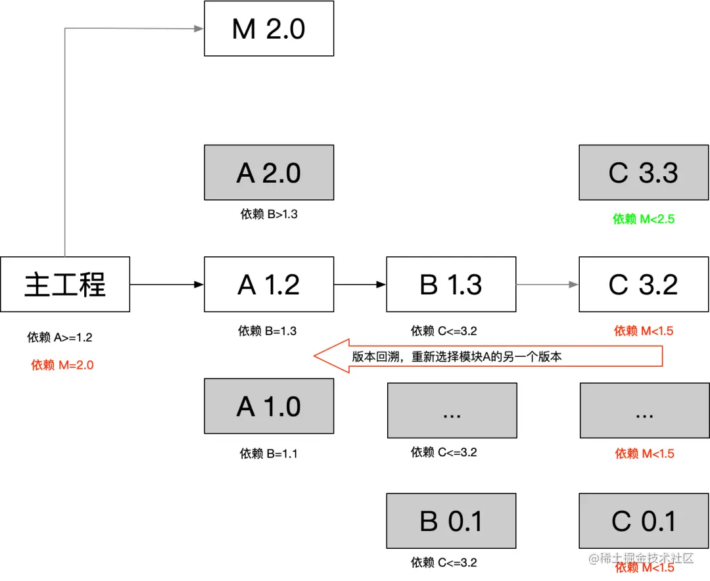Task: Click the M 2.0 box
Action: (269, 28)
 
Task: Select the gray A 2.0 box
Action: (269, 172)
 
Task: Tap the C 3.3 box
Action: (644, 172)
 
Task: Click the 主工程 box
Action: (65, 284)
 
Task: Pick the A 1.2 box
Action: (269, 284)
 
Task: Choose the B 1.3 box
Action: (451, 284)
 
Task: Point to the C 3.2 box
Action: (644, 284)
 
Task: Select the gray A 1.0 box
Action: (269, 406)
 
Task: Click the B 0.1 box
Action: (451, 521)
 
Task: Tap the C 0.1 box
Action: (644, 521)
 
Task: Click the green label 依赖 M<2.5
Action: (644, 219)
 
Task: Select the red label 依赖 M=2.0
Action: (62, 365)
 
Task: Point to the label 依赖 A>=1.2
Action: (60, 338)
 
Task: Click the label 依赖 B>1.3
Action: (268, 214)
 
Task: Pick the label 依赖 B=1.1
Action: (268, 453)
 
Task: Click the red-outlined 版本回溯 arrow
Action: (486, 357)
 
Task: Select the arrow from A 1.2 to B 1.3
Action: (360, 285)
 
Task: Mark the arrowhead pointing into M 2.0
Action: (198, 28)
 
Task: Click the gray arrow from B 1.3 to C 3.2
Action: (548, 285)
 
